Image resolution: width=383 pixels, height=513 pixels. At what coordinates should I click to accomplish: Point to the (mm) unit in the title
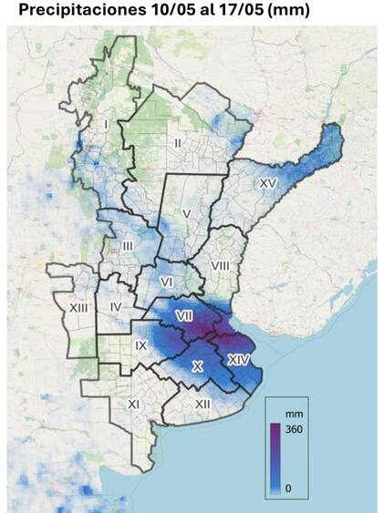(283, 10)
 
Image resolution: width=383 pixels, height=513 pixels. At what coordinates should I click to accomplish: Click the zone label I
(107, 124)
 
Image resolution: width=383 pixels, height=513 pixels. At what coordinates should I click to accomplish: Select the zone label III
(128, 247)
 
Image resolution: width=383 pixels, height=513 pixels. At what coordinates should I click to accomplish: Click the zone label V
(186, 213)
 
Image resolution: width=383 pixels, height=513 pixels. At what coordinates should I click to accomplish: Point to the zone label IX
(140, 345)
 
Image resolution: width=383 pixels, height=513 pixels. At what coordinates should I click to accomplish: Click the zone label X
(197, 365)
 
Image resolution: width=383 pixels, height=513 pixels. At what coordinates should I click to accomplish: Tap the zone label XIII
(78, 308)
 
